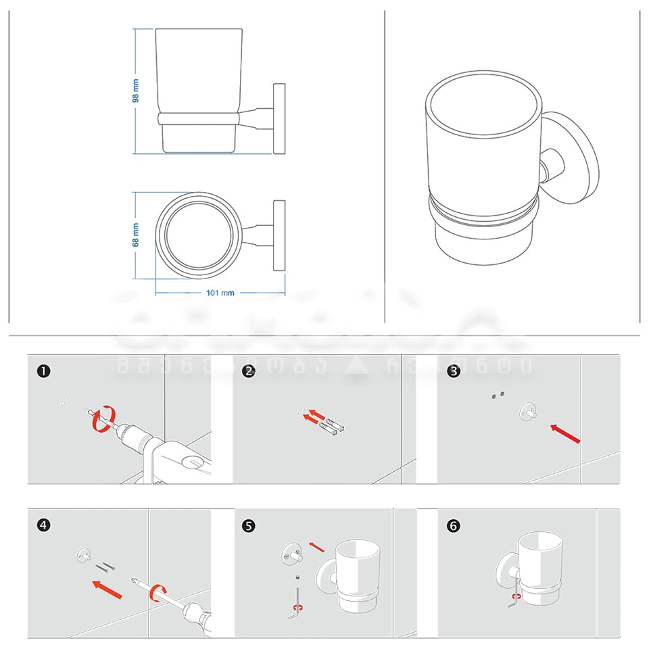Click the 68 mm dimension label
tap(136, 235)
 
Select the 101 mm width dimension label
tap(219, 293)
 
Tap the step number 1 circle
tap(44, 371)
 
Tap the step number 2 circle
tap(249, 371)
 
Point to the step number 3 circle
tap(454, 371)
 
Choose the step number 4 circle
tap(44, 525)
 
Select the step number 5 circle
tap(249, 525)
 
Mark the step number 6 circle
tap(454, 525)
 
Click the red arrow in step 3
tap(566, 433)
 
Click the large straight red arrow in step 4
tap(107, 588)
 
